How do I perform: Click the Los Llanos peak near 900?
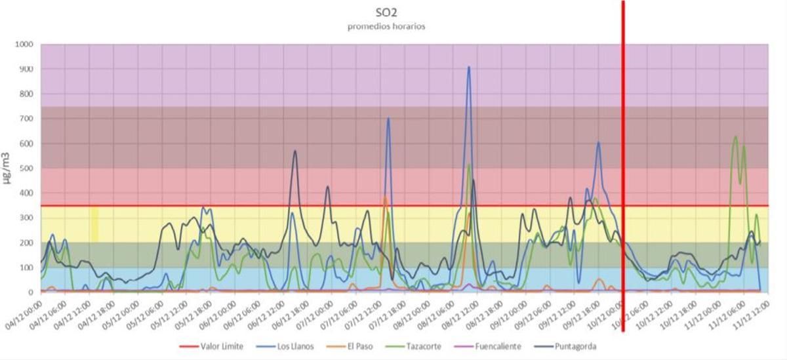coord(468,67)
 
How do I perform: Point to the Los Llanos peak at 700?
coord(388,119)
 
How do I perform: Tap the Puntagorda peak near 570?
coord(295,151)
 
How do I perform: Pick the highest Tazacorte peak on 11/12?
coord(735,137)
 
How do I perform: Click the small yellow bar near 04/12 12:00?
coord(94,224)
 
